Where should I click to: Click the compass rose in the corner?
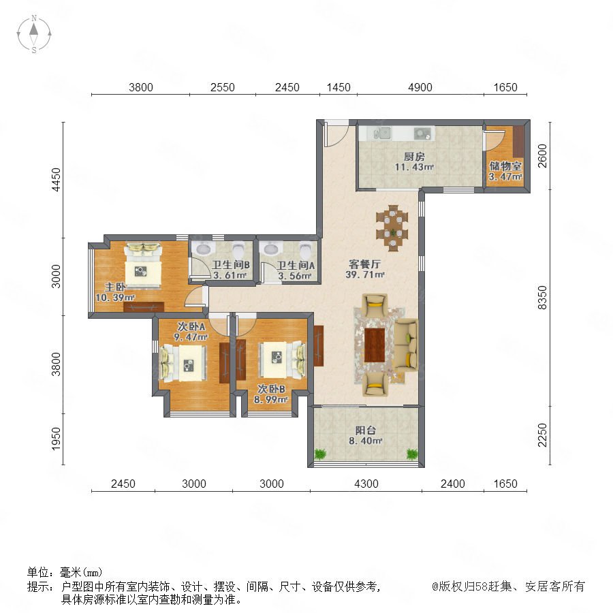click(x=34, y=34)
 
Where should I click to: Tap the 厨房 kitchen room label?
click(x=414, y=157)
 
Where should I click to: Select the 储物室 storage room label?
click(x=505, y=166)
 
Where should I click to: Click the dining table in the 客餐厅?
click(x=392, y=227)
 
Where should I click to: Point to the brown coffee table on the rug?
click(x=375, y=345)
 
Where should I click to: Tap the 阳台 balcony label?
click(x=366, y=430)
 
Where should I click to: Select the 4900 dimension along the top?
click(x=420, y=87)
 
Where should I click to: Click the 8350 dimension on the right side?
click(x=543, y=298)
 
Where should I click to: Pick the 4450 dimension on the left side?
click(x=57, y=180)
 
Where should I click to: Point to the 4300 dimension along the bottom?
click(x=366, y=484)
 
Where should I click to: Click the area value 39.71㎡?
click(x=365, y=274)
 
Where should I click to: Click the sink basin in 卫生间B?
click(x=202, y=248)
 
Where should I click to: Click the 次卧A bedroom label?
click(x=191, y=326)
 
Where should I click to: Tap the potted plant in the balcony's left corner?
click(x=320, y=454)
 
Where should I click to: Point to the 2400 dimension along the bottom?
click(x=453, y=484)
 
